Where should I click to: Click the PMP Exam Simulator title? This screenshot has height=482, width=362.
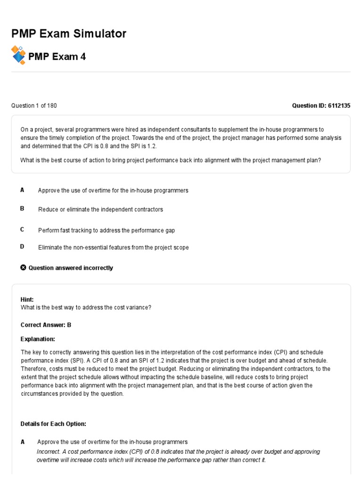pos(69,34)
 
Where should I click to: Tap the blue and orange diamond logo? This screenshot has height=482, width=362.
pos(18,55)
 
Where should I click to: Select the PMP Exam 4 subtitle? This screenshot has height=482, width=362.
pos(57,57)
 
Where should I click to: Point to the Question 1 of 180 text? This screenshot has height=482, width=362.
pos(34,105)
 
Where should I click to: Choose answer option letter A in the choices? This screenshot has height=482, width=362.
pos(22,190)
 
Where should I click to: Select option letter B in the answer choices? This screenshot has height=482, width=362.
pos(22,209)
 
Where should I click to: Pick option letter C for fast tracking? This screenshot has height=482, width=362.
pos(22,229)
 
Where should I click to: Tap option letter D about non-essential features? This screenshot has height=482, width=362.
pos(22,247)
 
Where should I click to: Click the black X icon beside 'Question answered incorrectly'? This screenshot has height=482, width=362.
pos(24,268)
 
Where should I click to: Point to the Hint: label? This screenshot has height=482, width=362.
pos(27,299)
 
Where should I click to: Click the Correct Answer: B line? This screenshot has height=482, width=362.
pos(46,325)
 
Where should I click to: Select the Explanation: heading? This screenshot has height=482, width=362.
pos(38,339)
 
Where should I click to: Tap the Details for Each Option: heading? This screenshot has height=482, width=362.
pos(53,424)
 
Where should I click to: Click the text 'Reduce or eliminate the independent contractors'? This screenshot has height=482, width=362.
pos(100,209)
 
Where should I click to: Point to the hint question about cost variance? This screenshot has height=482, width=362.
pos(86,307)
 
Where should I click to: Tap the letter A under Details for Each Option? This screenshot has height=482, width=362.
pos(23,442)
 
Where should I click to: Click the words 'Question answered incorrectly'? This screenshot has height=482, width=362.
pos(71,268)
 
